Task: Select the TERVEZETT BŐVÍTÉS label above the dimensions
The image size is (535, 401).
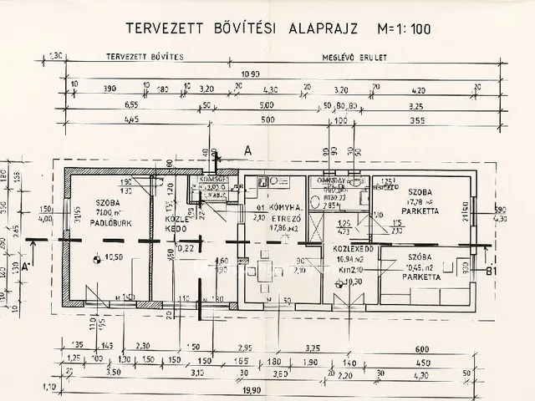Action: pyautogui.click(x=138, y=59)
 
